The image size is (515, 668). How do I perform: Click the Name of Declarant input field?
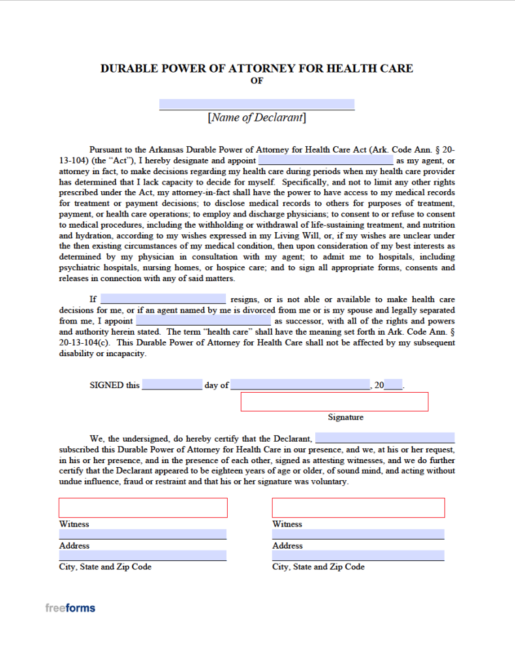click(257, 104)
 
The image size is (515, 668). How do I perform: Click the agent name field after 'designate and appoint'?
click(326, 160)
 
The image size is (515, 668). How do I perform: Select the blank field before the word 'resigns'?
click(163, 299)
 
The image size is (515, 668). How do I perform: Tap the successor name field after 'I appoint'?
click(202, 321)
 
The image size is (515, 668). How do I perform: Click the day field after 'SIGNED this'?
click(172, 385)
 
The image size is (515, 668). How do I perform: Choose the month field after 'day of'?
click(300, 385)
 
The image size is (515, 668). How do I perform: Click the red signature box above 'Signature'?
click(334, 402)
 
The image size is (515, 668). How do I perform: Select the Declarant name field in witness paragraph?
click(384, 438)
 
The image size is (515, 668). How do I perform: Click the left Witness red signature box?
click(143, 508)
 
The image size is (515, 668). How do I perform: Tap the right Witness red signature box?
click(358, 508)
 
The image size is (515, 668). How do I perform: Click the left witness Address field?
click(143, 534)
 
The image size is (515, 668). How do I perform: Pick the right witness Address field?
click(358, 534)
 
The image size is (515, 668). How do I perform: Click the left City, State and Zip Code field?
click(143, 556)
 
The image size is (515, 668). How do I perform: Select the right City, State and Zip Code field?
click(358, 556)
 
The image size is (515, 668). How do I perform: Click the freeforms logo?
click(70, 608)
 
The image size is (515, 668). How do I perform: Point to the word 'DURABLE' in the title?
click(126, 68)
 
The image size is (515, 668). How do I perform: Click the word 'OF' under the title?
click(257, 81)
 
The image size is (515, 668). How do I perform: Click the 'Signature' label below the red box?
click(345, 417)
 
